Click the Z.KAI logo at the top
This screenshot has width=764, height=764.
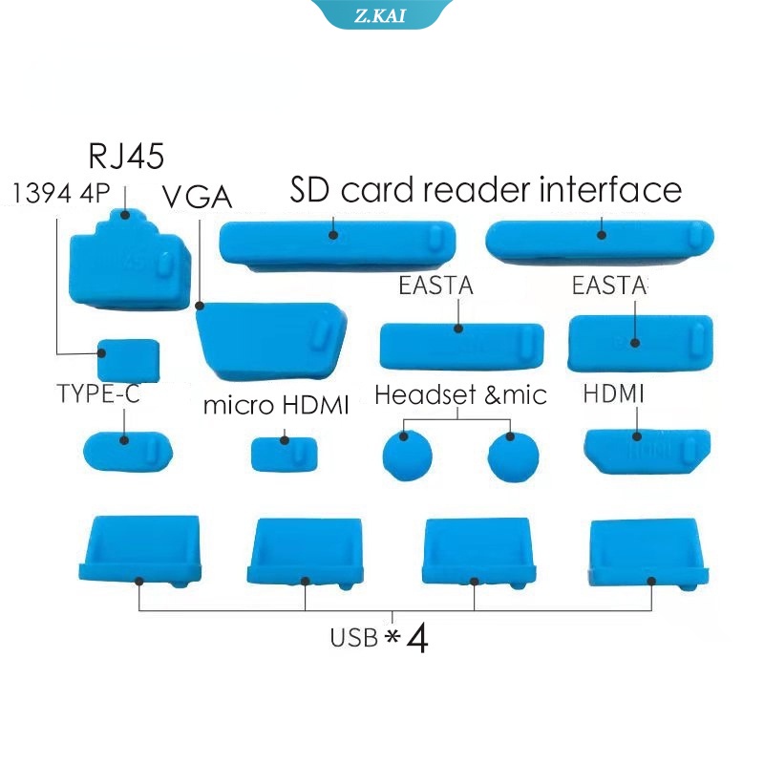tap(380, 15)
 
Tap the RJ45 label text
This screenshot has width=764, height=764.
tap(126, 156)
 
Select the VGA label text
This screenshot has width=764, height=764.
tap(197, 197)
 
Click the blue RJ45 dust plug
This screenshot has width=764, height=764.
tap(130, 260)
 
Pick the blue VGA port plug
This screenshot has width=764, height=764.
tap(271, 341)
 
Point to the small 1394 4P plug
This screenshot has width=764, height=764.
tap(128, 361)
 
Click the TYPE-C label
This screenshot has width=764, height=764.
tap(98, 393)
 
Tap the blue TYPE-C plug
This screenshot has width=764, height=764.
tap(128, 451)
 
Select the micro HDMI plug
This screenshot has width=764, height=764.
tap(284, 455)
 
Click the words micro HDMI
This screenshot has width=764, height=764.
tap(276, 405)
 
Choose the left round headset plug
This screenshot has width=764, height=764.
tap(408, 456)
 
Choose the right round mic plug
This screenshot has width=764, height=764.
tap(513, 457)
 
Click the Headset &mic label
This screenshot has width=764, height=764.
tap(460, 394)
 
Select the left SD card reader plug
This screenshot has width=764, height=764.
tap(338, 245)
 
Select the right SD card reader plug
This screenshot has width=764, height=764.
tap(600, 243)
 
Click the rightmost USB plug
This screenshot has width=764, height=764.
tap(649, 555)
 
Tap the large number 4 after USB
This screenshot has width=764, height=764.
tap(417, 638)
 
